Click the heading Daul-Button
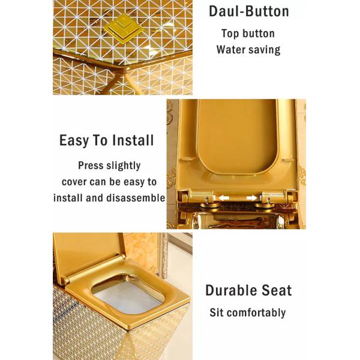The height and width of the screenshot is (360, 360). click(249, 11)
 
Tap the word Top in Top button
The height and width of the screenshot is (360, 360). click(229, 34)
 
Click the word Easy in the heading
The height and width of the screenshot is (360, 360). click(74, 140)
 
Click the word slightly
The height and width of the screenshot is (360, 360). click(123, 166)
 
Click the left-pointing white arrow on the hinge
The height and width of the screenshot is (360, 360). click(223, 197)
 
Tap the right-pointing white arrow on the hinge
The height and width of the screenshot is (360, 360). click(251, 197)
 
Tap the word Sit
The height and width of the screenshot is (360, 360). click(217, 312)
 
